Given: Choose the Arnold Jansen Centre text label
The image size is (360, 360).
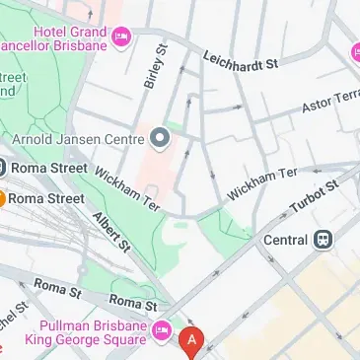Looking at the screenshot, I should click(x=80, y=135).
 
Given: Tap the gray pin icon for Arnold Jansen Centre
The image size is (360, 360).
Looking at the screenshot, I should click(x=160, y=136).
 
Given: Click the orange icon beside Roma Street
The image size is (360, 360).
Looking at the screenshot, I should click(x=2, y=198).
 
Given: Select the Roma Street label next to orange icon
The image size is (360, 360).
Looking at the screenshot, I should click(x=47, y=198).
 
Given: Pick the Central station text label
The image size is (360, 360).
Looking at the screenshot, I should click(x=285, y=239).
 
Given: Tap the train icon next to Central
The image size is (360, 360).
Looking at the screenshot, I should click(x=323, y=239).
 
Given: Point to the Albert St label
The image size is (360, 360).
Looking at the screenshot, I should click(x=111, y=231).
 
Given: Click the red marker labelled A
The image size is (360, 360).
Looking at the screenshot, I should click(x=192, y=342).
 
